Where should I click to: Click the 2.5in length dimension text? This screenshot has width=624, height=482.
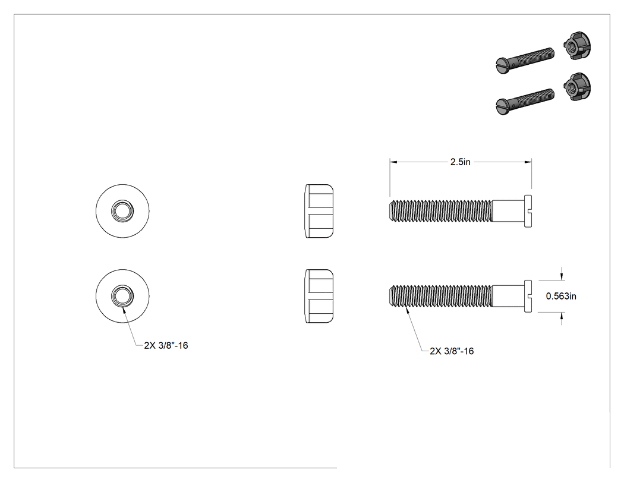point(461,162)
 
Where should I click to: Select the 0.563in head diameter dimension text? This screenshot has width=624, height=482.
point(561,296)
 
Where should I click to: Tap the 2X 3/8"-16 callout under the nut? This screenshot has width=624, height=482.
point(166,345)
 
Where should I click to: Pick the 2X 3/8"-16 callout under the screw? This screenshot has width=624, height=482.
point(452,351)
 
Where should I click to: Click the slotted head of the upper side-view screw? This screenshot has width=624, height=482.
point(528,211)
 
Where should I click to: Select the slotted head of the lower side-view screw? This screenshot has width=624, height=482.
point(528,296)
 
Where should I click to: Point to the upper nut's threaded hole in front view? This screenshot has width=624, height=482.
point(122,211)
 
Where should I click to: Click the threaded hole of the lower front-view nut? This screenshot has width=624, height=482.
point(122,296)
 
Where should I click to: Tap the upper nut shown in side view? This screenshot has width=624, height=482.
point(319,211)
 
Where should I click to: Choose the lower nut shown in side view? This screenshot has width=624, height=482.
point(319,296)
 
